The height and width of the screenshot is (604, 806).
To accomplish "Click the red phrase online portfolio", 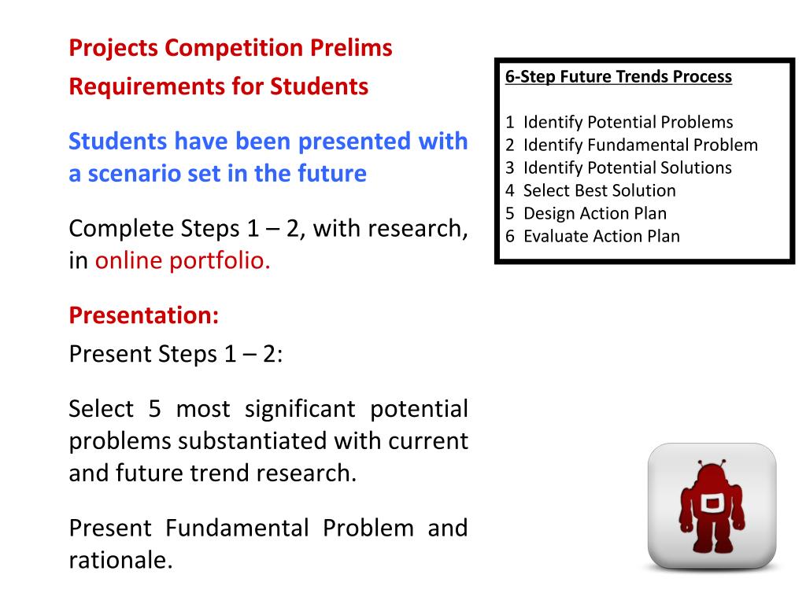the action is [x=183, y=260].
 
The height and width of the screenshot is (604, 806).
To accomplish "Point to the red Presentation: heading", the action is [x=144, y=315].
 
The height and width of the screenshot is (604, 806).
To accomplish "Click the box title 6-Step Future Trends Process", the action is [x=619, y=76].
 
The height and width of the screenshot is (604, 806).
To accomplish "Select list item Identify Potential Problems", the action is [x=628, y=122].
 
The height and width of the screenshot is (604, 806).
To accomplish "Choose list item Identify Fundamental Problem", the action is [x=641, y=145].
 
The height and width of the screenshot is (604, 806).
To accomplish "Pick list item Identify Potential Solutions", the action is [x=627, y=168].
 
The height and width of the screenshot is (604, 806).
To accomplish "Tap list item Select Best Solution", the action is [x=599, y=190].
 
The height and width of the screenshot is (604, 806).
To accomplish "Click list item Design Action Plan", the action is [x=595, y=213].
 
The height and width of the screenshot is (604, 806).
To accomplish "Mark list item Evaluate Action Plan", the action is [x=601, y=236].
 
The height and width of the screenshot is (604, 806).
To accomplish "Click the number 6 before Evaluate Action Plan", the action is [x=510, y=236].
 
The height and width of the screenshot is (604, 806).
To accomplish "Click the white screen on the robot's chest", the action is [x=712, y=503].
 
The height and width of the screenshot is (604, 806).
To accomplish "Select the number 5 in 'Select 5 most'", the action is [x=155, y=409].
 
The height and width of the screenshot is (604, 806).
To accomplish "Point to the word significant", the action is [x=300, y=409].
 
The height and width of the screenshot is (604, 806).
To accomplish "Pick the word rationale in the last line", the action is [x=120, y=560].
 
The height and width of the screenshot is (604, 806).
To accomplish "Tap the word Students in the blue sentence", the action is [x=118, y=142].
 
